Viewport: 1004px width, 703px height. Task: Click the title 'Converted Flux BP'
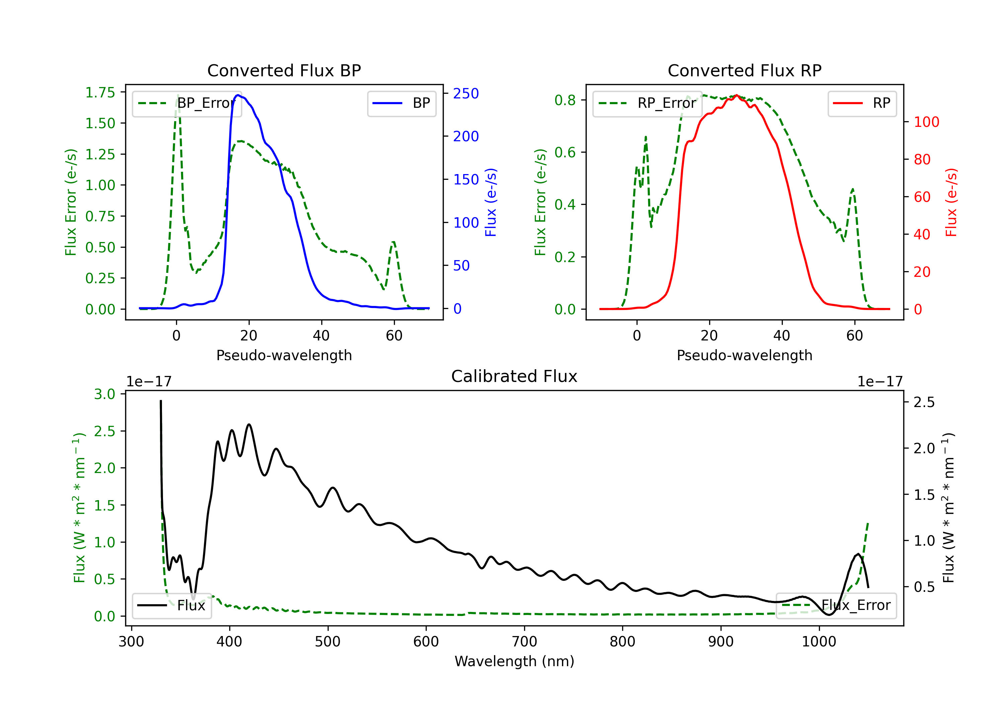[x=284, y=70]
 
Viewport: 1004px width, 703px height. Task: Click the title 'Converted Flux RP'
[x=745, y=70]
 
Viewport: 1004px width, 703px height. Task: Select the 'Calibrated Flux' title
[x=514, y=376]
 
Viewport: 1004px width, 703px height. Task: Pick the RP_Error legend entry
[x=647, y=103]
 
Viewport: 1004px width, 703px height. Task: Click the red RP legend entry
[x=862, y=103]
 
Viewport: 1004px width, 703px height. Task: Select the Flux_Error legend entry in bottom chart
[x=836, y=606]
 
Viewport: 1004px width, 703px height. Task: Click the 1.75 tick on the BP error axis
[x=100, y=92]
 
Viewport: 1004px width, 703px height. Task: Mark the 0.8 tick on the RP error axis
[x=565, y=100]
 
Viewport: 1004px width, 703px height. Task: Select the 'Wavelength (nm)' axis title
[x=514, y=661]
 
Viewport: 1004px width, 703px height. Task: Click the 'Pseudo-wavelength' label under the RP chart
[x=745, y=355]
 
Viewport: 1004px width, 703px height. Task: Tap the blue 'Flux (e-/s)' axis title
[x=491, y=203]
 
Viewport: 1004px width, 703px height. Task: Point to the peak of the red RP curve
[x=737, y=95]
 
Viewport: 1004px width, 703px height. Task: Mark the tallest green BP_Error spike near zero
[x=178, y=95]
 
